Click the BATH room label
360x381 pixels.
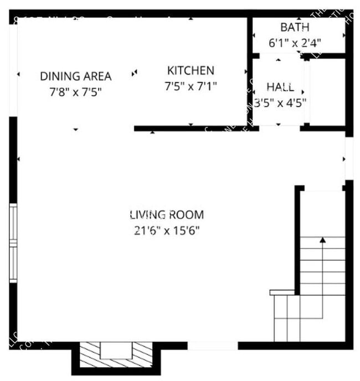[294, 27]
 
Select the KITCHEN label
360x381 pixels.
[191, 71]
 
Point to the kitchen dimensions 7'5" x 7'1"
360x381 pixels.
[191, 86]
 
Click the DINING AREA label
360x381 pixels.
[76, 76]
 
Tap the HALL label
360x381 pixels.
[280, 87]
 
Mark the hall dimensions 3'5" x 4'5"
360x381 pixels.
[280, 102]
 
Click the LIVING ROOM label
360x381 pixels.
[167, 214]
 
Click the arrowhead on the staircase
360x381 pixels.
[322, 240]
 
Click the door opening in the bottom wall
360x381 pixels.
[213, 346]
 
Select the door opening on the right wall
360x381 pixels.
[349, 158]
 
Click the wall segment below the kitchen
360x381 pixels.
[188, 128]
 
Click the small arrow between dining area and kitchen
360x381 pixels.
[134, 73]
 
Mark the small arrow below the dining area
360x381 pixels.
[76, 130]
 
